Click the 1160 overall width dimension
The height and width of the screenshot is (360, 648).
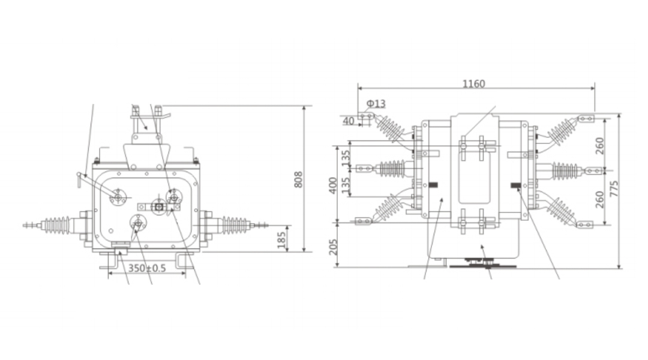[473, 84]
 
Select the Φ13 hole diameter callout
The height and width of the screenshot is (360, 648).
[376, 104]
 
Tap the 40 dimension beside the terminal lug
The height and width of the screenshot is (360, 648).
[349, 121]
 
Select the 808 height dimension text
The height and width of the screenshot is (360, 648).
[298, 179]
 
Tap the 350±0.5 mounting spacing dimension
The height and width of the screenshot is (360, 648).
[147, 268]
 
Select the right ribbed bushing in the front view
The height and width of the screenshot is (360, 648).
[235, 226]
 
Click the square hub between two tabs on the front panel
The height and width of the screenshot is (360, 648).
[159, 208]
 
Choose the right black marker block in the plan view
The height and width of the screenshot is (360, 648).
[515, 185]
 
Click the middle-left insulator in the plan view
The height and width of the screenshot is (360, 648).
[390, 169]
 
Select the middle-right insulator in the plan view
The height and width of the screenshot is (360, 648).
[565, 171]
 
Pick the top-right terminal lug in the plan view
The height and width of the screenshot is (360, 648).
[585, 119]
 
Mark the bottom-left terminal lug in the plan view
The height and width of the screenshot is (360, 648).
[363, 221]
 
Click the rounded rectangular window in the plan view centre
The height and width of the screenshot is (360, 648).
[475, 174]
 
